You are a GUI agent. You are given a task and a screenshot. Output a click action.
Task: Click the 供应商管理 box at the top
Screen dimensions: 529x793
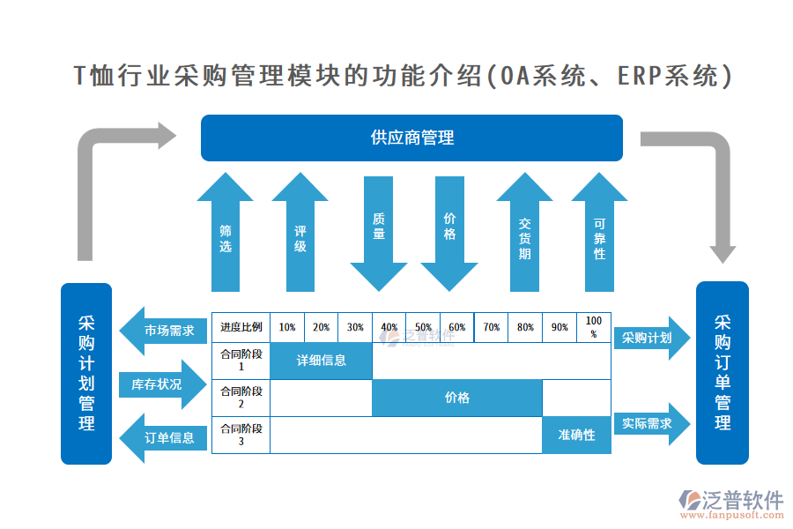tap(411, 138)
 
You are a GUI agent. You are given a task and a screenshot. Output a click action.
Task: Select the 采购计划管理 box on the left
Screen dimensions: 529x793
tap(86, 373)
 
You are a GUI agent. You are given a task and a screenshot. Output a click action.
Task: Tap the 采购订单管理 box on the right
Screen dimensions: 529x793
tap(722, 373)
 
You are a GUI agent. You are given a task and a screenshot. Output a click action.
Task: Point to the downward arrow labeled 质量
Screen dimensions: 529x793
tap(379, 229)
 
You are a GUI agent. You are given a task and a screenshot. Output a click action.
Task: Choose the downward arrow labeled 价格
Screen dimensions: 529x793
tap(449, 229)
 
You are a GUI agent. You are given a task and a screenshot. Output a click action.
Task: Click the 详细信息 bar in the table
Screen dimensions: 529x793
tap(322, 361)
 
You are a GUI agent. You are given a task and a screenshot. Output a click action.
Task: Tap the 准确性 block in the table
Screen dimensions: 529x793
tap(576, 435)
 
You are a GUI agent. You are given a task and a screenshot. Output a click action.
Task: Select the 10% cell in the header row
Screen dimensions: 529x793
tap(287, 327)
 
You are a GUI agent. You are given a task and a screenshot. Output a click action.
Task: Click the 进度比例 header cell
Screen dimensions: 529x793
tap(241, 327)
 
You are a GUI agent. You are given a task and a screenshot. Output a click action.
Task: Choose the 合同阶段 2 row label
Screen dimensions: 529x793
tap(241, 398)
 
